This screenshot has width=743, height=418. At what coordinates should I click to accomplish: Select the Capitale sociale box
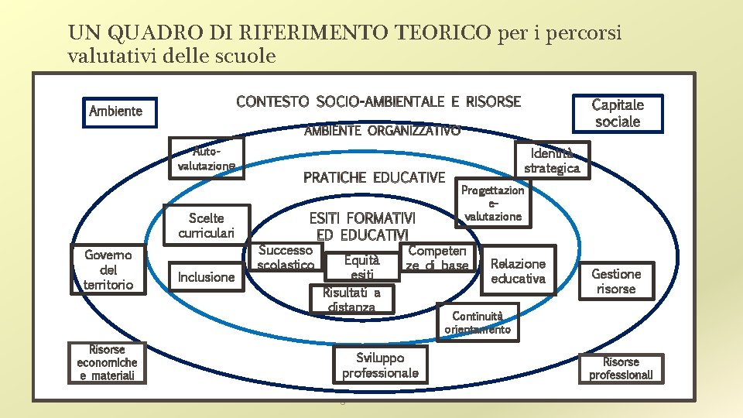(x=617, y=113)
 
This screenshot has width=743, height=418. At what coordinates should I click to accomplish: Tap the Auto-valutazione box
(x=207, y=158)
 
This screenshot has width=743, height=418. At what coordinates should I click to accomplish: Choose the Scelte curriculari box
(x=201, y=225)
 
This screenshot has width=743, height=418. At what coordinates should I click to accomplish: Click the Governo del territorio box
(x=108, y=269)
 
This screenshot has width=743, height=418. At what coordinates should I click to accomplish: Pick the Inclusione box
(x=206, y=277)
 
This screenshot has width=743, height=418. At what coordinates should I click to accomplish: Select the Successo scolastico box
(x=286, y=258)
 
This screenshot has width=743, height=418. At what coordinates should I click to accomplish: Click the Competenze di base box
(x=437, y=259)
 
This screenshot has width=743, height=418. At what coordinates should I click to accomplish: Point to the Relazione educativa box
(x=518, y=271)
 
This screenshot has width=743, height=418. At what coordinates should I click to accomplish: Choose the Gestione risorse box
(x=616, y=281)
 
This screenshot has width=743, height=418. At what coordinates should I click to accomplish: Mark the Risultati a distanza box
(x=351, y=299)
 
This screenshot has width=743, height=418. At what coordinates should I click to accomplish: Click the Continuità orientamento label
(x=478, y=322)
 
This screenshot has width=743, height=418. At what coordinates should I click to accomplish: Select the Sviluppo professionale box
(x=380, y=365)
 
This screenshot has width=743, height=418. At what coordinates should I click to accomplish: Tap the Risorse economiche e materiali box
(x=107, y=362)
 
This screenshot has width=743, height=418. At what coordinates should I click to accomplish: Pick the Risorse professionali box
(x=621, y=368)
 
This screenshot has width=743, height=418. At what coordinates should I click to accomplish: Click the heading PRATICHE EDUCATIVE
(x=374, y=177)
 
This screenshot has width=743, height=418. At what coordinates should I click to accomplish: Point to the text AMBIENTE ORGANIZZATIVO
(x=382, y=131)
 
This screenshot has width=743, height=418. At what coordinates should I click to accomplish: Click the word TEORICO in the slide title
(x=443, y=33)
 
